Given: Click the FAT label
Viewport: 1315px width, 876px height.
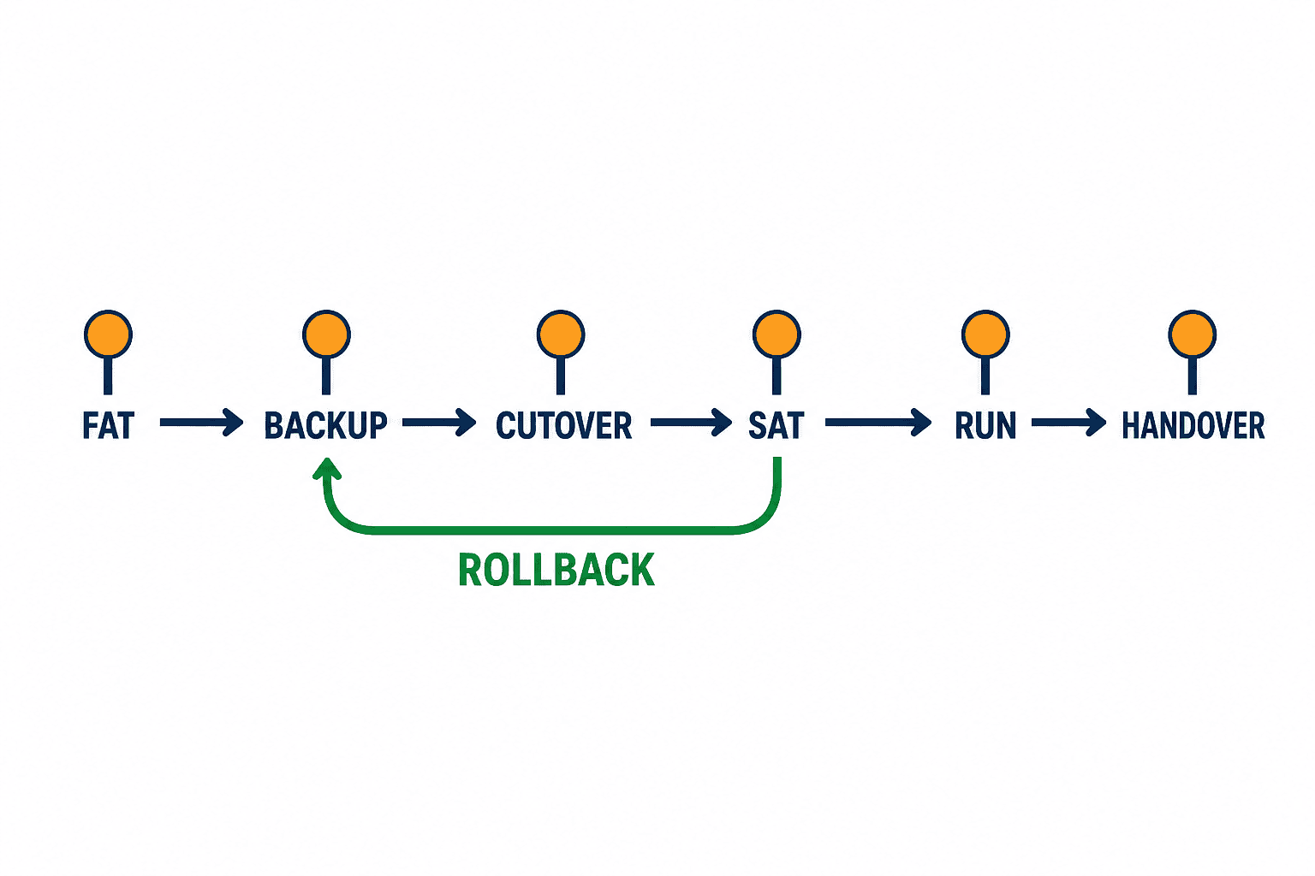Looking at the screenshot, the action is tap(108, 425).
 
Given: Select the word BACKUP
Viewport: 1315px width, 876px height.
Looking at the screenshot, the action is tap(326, 425).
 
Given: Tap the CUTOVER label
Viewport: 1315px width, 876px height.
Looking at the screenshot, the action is tap(563, 425).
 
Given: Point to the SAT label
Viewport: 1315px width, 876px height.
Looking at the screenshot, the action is tap(777, 425).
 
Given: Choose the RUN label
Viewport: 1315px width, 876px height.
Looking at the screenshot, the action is tap(985, 425).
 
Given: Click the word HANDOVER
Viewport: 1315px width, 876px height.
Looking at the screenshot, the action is tap(1193, 425).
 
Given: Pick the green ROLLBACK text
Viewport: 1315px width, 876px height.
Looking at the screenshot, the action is tap(556, 570).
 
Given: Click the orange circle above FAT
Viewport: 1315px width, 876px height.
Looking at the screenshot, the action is tap(108, 334).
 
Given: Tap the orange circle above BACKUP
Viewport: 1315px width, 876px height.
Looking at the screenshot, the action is tap(326, 334).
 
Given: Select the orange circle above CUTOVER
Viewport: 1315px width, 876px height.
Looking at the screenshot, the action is tap(561, 334).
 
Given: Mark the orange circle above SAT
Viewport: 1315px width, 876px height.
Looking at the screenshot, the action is tap(777, 334).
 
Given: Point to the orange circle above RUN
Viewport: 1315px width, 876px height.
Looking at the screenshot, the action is tap(985, 334).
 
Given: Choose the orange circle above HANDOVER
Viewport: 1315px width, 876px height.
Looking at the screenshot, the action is tap(1193, 334).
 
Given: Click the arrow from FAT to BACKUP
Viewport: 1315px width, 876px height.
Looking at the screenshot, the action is tap(201, 423).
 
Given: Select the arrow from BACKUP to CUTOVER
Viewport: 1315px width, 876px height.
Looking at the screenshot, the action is tap(439, 423).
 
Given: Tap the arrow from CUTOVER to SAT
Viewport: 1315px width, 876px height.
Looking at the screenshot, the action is tap(691, 423).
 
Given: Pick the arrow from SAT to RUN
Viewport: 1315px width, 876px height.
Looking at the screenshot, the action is tap(878, 423).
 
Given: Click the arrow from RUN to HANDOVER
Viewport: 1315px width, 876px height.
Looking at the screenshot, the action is tap(1069, 423).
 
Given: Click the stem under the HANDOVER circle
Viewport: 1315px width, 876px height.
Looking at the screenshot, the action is tap(1193, 376).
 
